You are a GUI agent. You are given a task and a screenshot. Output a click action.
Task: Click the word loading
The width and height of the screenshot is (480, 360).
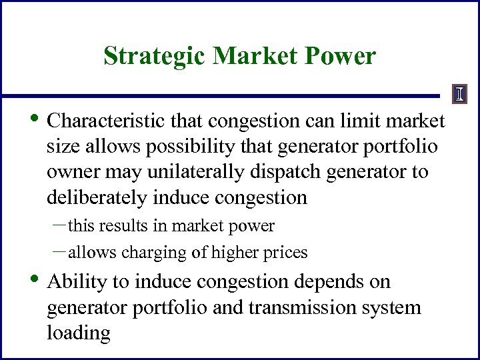pos(78,333)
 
